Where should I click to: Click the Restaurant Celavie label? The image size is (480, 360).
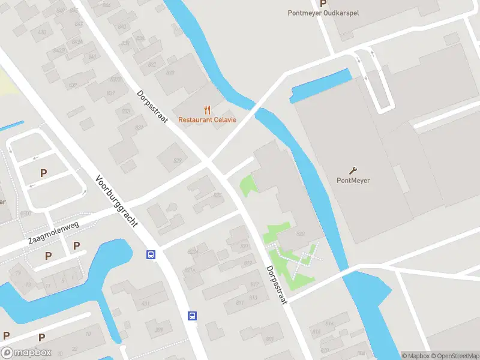(208, 119)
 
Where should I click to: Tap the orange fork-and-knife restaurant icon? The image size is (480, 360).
(208, 109)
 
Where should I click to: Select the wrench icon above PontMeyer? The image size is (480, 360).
(353, 170)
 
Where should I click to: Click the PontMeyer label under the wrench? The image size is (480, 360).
(353, 179)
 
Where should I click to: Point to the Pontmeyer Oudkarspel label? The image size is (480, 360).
(323, 13)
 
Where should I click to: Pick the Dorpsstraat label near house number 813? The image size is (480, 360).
(277, 284)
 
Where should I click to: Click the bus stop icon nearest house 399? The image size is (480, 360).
(193, 316)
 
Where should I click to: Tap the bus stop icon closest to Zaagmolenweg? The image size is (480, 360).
(151, 254)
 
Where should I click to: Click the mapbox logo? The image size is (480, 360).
(26, 353)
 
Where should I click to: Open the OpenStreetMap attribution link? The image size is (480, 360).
(455, 356)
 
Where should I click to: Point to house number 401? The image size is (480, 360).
(145, 304)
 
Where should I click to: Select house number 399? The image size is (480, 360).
(158, 329)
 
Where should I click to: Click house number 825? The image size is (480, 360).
(217, 196)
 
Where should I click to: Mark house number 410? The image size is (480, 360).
(25, 213)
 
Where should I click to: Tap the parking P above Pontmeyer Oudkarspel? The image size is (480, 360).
(323, 3)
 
